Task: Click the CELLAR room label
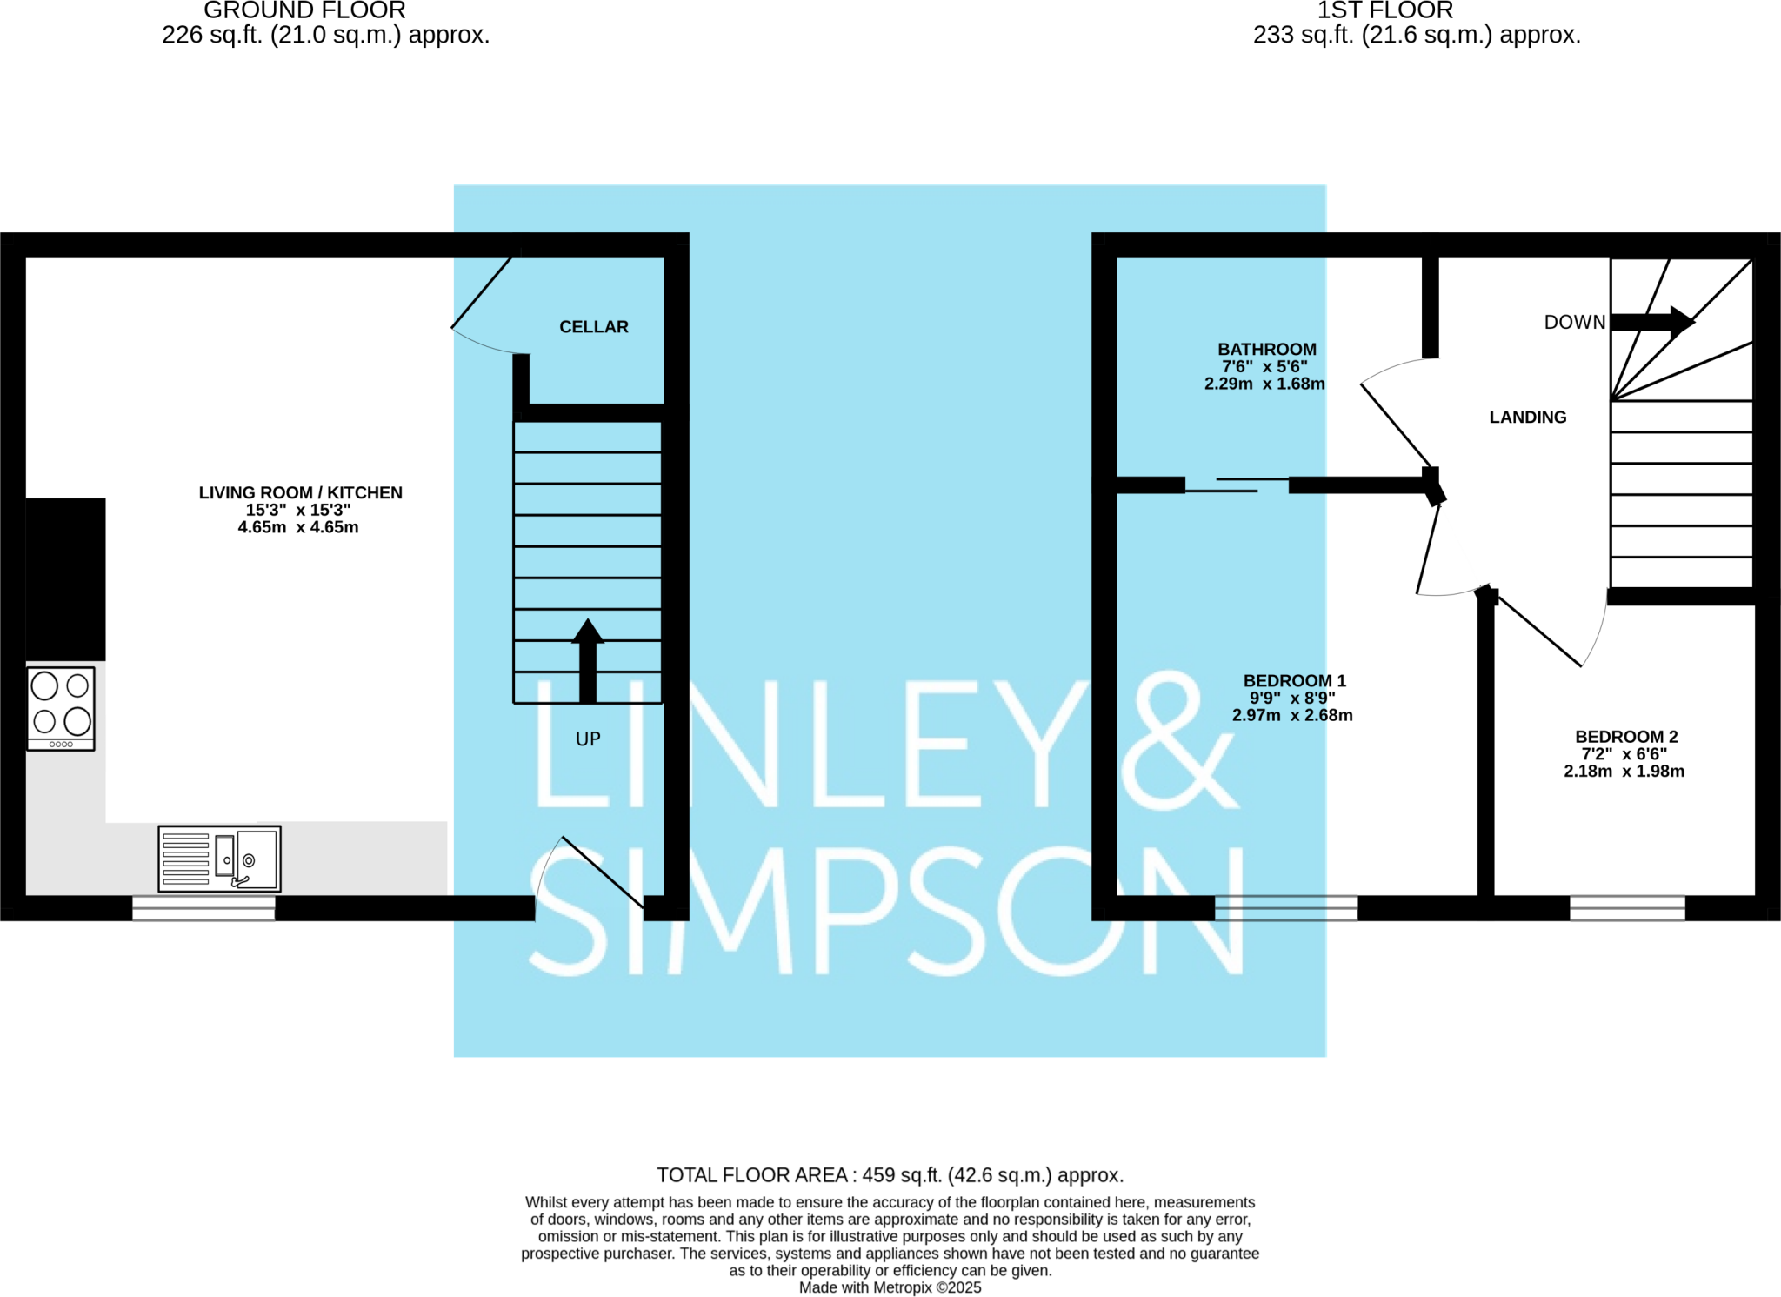pyautogui.click(x=593, y=327)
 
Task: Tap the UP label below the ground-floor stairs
pyautogui.click(x=588, y=739)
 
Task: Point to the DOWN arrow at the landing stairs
pyautogui.click(x=1651, y=321)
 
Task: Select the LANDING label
pyautogui.click(x=1527, y=418)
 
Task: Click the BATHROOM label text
pyautogui.click(x=1266, y=350)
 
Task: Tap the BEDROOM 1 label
pyautogui.click(x=1294, y=680)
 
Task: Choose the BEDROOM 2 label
pyautogui.click(x=1625, y=737)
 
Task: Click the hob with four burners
pyautogui.click(x=61, y=708)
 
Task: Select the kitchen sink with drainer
pyautogui.click(x=219, y=859)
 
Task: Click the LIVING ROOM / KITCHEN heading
pyautogui.click(x=300, y=492)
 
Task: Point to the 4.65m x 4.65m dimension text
pyautogui.click(x=298, y=527)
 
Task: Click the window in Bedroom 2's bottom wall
pyautogui.click(x=1626, y=908)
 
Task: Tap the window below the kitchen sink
pyautogui.click(x=203, y=908)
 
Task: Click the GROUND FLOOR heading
pyautogui.click(x=304, y=11)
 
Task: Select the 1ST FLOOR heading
pyautogui.click(x=1384, y=11)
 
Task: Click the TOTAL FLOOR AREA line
pyautogui.click(x=890, y=1175)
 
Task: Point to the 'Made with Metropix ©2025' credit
pyautogui.click(x=890, y=1287)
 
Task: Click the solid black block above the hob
pyautogui.click(x=65, y=578)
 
